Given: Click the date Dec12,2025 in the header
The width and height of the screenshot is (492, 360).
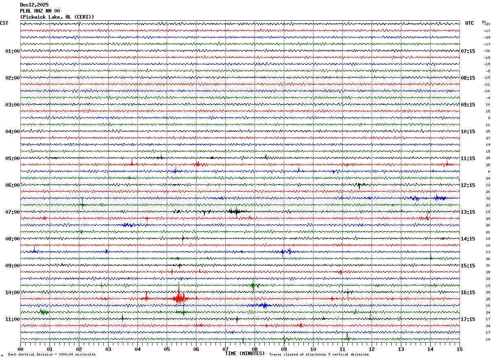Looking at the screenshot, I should (x=34, y=5).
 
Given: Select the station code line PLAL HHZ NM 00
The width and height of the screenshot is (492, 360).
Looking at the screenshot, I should (x=40, y=11).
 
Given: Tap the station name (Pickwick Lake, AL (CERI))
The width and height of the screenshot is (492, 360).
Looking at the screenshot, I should (x=57, y=17).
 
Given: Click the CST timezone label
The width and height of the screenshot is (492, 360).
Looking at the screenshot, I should (x=4, y=23).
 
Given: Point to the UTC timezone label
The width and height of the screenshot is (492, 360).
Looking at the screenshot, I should (x=470, y=23).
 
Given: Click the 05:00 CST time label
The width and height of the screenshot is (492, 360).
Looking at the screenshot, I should (x=13, y=158).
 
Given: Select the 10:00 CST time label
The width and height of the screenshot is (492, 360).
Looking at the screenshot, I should (x=13, y=293).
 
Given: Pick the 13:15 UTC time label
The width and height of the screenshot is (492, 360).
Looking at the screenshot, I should (x=468, y=212).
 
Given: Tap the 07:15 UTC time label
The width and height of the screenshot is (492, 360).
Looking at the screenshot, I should (x=468, y=51).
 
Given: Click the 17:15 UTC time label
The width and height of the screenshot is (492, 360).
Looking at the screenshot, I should (x=468, y=319).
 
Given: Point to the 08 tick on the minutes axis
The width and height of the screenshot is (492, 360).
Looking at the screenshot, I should (x=255, y=349).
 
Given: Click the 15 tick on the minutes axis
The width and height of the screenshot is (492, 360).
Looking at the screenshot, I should (x=459, y=349).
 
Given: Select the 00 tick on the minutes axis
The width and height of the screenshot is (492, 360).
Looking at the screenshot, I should (x=21, y=349).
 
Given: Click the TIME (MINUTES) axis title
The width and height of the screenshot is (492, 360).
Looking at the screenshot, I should (x=245, y=353).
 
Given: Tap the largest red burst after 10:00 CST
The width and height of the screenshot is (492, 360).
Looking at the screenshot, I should (x=179, y=299).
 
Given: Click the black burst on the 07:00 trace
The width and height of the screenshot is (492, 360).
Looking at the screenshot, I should (x=235, y=211).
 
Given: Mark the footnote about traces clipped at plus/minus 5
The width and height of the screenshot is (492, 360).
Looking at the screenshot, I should (x=319, y=355).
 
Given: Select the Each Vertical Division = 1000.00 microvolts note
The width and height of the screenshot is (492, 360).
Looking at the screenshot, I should (x=52, y=355).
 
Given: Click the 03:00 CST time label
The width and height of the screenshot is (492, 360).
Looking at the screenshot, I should (x=13, y=105).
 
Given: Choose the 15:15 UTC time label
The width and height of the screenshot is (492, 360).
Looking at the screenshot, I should (x=468, y=266).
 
